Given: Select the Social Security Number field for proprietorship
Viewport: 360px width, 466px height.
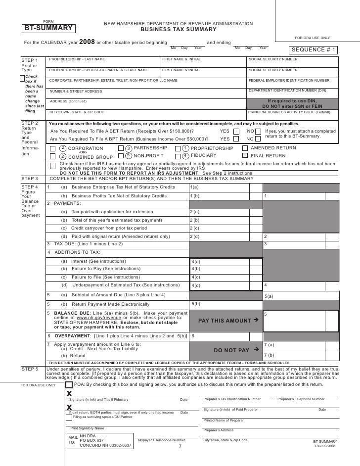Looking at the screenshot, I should click(x=292, y=62).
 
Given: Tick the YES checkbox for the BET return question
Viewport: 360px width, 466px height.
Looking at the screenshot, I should click(x=236, y=131).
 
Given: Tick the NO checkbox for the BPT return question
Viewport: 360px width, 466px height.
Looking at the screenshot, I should click(x=258, y=139).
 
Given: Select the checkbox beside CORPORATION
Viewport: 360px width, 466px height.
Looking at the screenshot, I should click(x=52, y=148).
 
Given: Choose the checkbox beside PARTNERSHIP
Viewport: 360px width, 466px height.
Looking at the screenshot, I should click(x=121, y=148).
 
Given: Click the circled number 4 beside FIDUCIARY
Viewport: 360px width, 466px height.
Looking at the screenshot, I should click(x=185, y=156).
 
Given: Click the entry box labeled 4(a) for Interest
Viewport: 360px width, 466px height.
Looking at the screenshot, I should click(x=225, y=261).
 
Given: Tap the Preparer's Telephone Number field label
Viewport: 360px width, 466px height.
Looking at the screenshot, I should click(x=301, y=399).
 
